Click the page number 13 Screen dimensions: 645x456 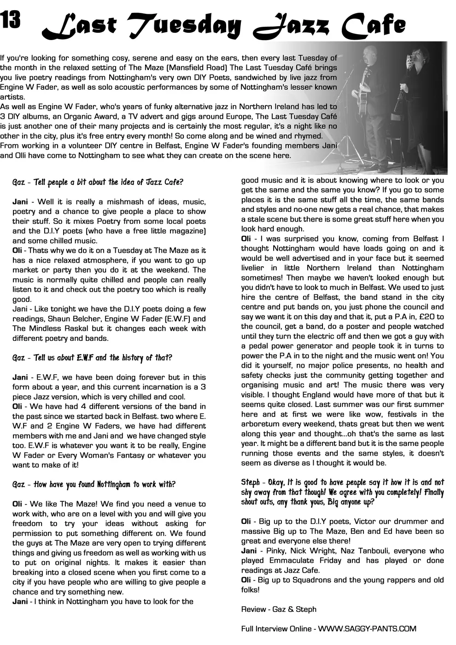[11, 19]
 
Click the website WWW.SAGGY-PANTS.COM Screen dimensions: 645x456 [367, 628]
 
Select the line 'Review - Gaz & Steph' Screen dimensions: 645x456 [279, 609]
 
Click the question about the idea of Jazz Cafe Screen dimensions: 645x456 [98, 182]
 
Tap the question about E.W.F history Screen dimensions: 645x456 [93, 358]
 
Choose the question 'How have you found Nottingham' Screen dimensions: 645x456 [94, 484]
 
